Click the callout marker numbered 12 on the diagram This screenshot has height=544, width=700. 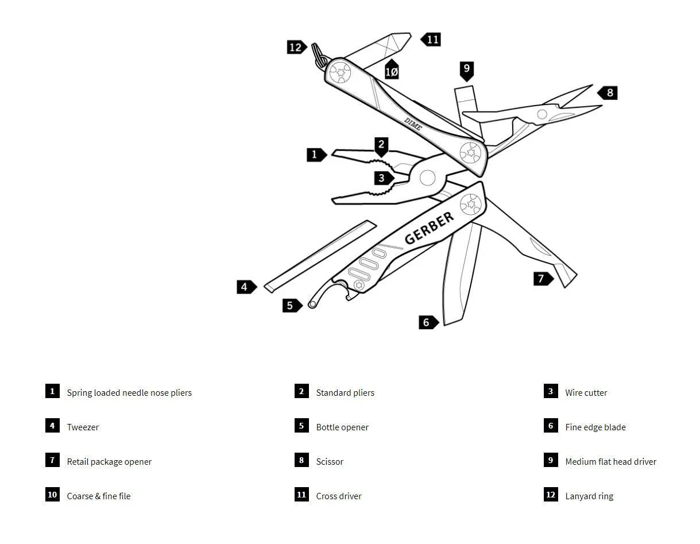[296, 47]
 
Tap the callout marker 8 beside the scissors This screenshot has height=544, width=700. [608, 93]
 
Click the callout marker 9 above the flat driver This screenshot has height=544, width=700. [466, 71]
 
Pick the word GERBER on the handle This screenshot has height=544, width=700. [429, 228]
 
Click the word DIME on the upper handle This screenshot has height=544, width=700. [413, 124]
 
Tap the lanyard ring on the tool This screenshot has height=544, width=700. [318, 55]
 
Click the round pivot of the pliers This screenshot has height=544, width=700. [427, 178]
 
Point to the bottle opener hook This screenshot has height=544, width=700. [326, 292]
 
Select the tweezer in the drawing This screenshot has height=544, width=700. [320, 257]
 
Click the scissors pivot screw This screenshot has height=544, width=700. [542, 114]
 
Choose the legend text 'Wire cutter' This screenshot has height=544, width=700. [586, 392]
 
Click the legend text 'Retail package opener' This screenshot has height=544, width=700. [109, 461]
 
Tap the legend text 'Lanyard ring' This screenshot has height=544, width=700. [589, 496]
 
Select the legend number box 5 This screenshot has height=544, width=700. [301, 426]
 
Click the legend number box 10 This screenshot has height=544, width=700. [52, 495]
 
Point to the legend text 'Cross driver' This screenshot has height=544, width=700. [339, 496]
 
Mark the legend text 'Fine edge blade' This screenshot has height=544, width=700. [595, 427]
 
